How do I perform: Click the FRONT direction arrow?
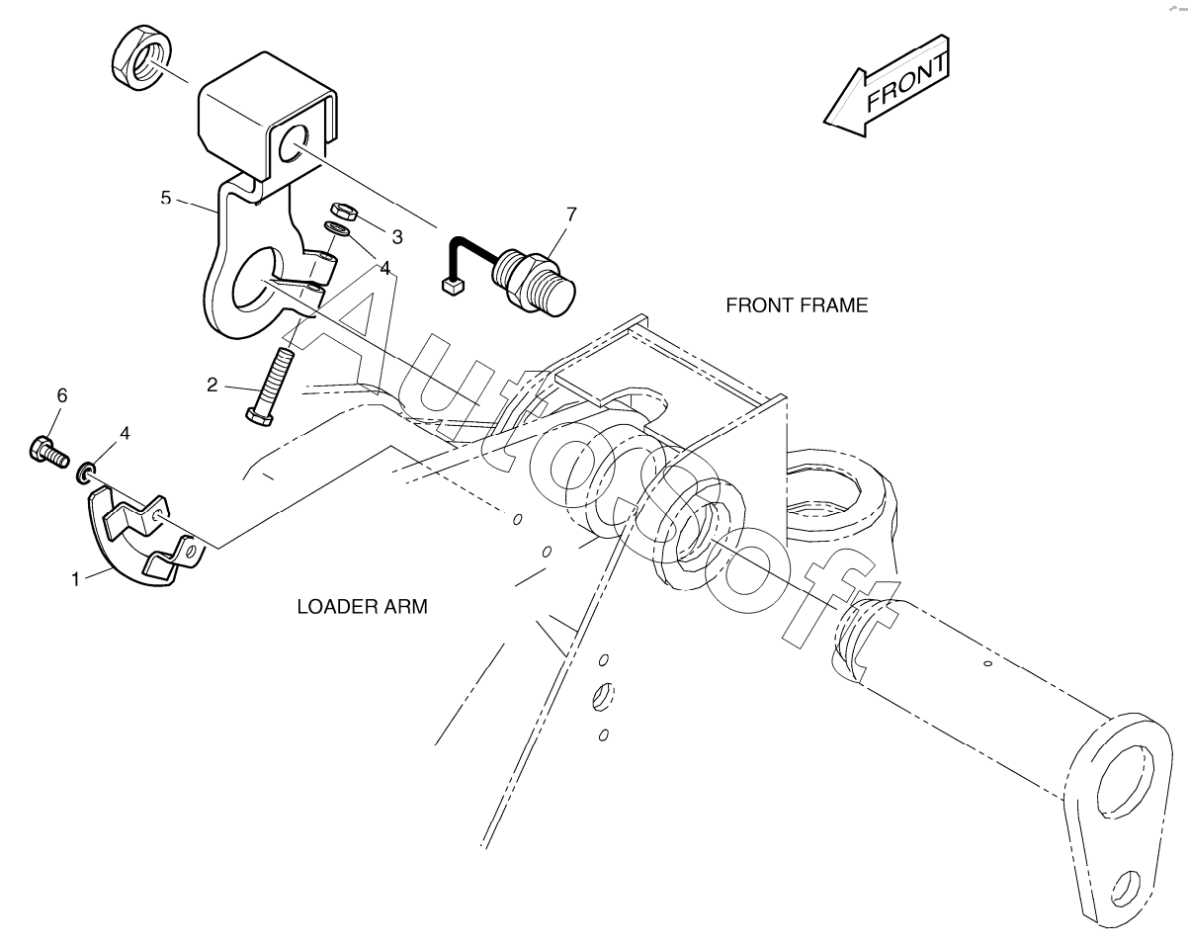click(x=888, y=87)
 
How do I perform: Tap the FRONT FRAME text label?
click(x=797, y=305)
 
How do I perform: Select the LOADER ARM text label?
click(x=362, y=607)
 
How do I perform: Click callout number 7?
click(x=571, y=214)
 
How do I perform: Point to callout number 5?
click(x=166, y=198)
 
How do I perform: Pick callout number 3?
click(x=397, y=237)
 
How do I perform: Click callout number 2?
click(x=212, y=385)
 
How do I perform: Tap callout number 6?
click(x=61, y=395)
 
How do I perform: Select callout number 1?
click(x=74, y=580)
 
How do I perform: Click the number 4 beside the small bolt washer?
click(x=125, y=433)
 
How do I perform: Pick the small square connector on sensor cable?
click(x=452, y=288)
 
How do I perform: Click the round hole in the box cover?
click(x=294, y=146)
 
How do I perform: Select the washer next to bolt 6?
click(x=86, y=472)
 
